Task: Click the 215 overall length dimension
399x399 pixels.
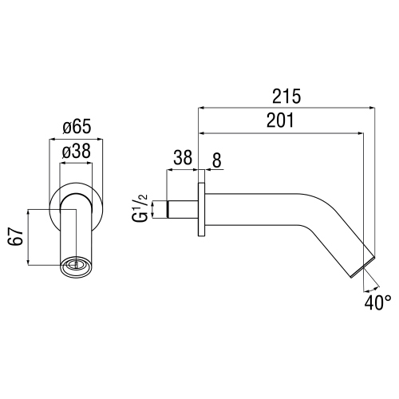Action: pyautogui.click(x=286, y=97)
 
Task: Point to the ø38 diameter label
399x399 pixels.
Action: pyautogui.click(x=77, y=149)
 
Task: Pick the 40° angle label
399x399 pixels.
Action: pyautogui.click(x=377, y=303)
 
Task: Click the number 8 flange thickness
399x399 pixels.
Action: pyautogui.click(x=216, y=158)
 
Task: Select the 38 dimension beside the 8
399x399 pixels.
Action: pyautogui.click(x=182, y=158)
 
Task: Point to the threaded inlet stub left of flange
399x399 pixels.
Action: pyautogui.click(x=180, y=211)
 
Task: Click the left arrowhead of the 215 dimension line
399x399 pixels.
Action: pyautogui.click(x=202, y=108)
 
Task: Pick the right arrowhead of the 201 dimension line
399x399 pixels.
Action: pyautogui.click(x=361, y=132)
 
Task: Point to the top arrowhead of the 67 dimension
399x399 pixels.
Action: pyautogui.click(x=29, y=212)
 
